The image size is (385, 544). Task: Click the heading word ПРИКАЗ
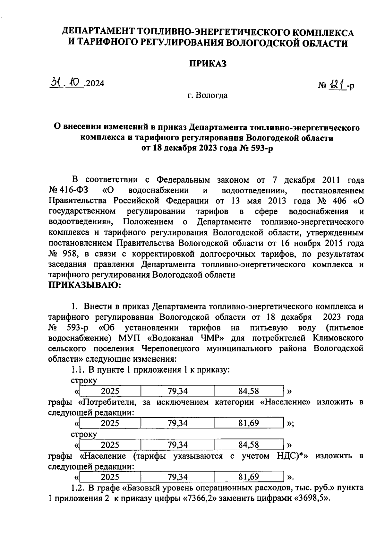click(x=208, y=64)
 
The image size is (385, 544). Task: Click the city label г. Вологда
click(x=208, y=95)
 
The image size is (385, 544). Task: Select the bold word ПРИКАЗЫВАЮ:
click(x=84, y=285)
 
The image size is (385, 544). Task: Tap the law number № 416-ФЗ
click(x=69, y=190)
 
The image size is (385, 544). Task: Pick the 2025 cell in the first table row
click(x=110, y=391)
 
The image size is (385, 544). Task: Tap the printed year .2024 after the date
click(x=94, y=84)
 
